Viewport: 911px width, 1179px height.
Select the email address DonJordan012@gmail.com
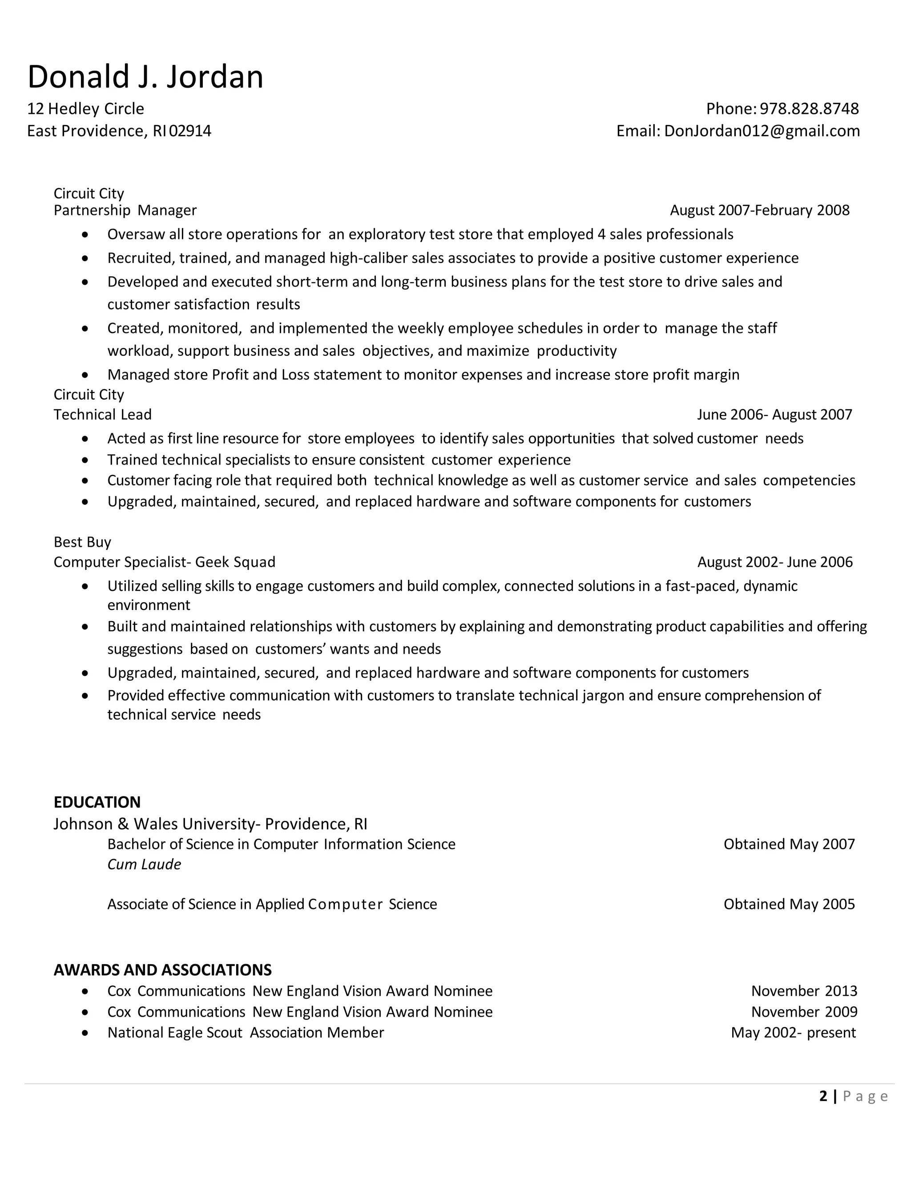(x=762, y=131)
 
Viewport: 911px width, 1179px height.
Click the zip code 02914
(x=190, y=131)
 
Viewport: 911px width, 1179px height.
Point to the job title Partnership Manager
(x=125, y=210)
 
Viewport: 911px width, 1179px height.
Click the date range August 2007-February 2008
(x=759, y=210)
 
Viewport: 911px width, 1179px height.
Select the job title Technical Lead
(x=103, y=415)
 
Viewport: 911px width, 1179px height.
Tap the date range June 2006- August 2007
(x=774, y=415)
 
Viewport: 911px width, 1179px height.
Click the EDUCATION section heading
(x=97, y=802)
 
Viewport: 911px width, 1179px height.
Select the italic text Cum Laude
(x=144, y=864)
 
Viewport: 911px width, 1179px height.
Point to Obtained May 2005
(x=789, y=904)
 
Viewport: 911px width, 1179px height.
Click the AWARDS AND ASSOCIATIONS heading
(x=162, y=970)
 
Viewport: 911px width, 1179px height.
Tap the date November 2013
(x=804, y=991)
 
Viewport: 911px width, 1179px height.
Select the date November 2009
(x=804, y=1012)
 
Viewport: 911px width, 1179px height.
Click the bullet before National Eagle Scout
(x=85, y=1033)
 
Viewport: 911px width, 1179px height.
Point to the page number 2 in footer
(x=823, y=1096)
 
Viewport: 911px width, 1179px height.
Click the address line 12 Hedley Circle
(x=85, y=109)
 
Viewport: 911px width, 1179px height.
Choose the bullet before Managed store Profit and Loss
(x=85, y=375)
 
